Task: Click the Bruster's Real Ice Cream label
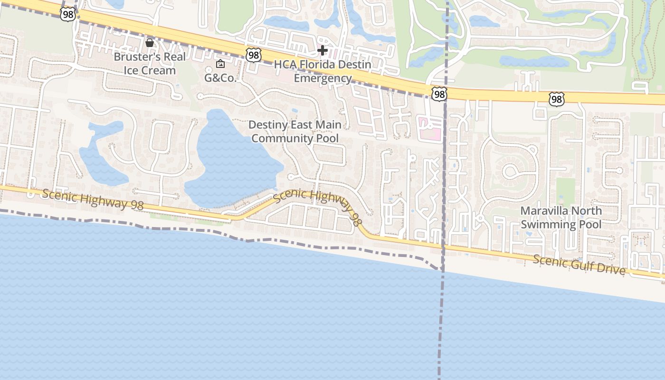pos(150,64)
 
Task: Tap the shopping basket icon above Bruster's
pos(150,43)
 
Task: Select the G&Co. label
pos(220,78)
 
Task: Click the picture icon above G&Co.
pos(220,64)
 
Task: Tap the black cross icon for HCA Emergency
pos(323,50)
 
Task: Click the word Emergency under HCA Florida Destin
pos(323,78)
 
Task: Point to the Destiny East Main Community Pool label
pos(295,132)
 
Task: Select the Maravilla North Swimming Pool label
pos(561,217)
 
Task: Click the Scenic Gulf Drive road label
pos(579,265)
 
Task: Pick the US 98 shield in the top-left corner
pos(68,14)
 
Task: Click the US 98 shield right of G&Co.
pos(254,56)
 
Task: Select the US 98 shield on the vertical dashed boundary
pos(439,94)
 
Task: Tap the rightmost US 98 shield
pos(556,99)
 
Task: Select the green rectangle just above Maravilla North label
pos(565,190)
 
